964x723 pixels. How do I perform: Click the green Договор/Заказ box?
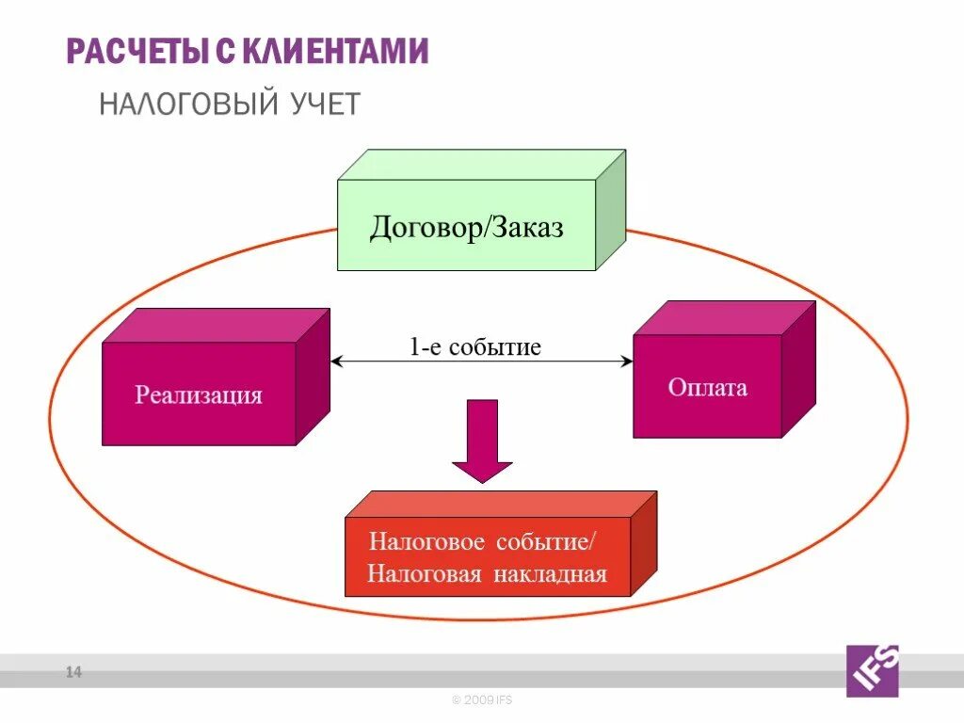coord(467,225)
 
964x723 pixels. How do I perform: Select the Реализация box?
coord(199,393)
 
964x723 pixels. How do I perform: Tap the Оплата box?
coord(707,386)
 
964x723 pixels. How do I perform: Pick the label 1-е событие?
coord(474,346)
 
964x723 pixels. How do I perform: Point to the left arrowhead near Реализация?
coord(336,361)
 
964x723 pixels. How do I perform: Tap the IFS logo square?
coord(873,670)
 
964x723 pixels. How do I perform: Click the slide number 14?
coord(73,672)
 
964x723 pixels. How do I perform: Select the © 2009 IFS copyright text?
coord(481,700)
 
